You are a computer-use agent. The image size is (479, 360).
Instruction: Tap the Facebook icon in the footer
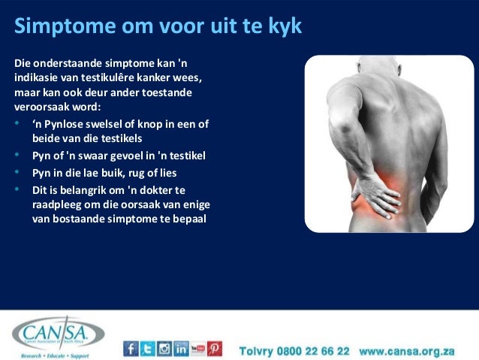tap(131, 349)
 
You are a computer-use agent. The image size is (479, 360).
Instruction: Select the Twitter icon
tap(148, 349)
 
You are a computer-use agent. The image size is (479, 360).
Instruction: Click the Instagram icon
tap(164, 349)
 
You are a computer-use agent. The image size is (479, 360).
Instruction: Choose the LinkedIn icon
tap(181, 349)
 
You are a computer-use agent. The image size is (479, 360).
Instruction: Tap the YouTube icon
tap(198, 349)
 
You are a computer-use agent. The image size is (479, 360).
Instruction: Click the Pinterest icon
tap(215, 349)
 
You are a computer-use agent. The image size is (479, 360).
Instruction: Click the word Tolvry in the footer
tap(257, 351)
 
